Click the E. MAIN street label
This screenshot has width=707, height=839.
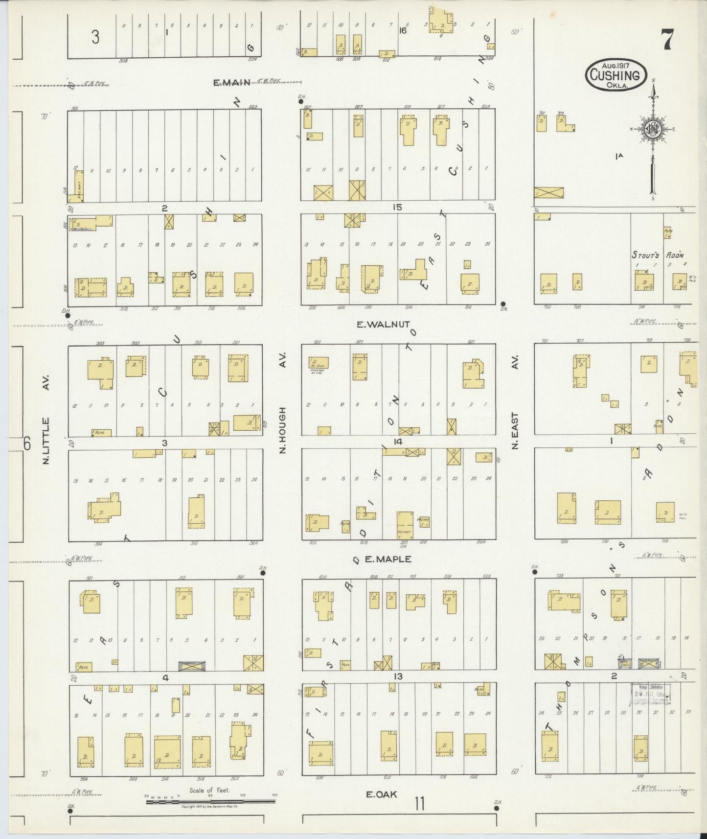click(231, 83)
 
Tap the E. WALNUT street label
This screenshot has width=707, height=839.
click(390, 324)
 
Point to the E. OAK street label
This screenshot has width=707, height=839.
click(382, 794)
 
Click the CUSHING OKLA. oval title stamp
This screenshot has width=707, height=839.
click(616, 75)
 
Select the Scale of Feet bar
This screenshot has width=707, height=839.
click(210, 802)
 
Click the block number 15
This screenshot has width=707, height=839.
click(397, 208)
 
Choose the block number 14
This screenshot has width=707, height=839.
click(398, 442)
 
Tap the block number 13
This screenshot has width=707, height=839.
click(398, 676)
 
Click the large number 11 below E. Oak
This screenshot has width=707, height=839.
click(419, 804)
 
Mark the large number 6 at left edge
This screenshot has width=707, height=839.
click(27, 443)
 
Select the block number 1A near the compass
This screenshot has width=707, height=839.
click(619, 156)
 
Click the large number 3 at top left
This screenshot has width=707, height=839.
click(95, 37)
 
